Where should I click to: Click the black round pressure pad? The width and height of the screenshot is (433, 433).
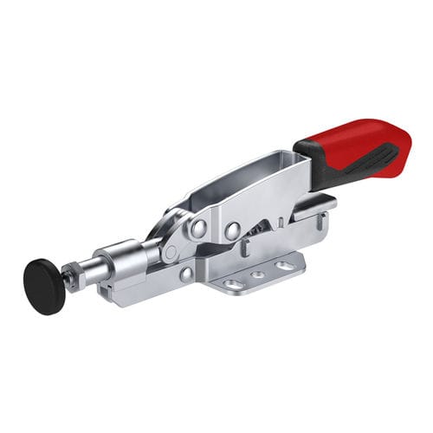(x=43, y=285)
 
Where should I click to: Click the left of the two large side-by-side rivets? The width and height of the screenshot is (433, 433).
(x=199, y=229)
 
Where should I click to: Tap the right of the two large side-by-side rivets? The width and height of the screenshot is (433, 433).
(x=232, y=231)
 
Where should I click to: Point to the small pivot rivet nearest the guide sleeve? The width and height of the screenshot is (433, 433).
(x=171, y=252)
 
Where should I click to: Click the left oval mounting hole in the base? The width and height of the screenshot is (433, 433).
(x=233, y=283)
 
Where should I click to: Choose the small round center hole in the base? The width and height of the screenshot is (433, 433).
(x=258, y=275)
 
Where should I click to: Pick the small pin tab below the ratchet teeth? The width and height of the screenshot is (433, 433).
(x=245, y=249)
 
